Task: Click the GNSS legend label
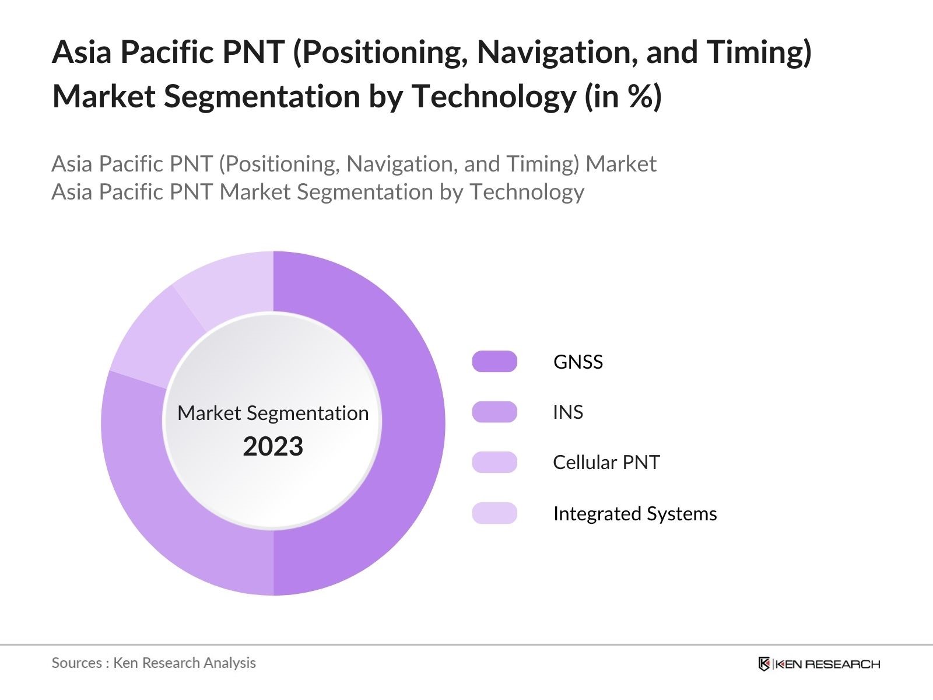[578, 362]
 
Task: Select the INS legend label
[567, 412]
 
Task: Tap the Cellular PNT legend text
[606, 463]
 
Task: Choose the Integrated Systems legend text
[634, 513]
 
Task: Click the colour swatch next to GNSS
[494, 362]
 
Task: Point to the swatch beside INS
[494, 412]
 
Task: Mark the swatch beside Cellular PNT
[494, 463]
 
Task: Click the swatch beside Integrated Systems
[494, 513]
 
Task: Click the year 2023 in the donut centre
[273, 447]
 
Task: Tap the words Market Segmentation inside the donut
[273, 413]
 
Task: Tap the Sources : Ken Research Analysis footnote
[153, 663]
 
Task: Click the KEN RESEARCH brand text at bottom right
[827, 664]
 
